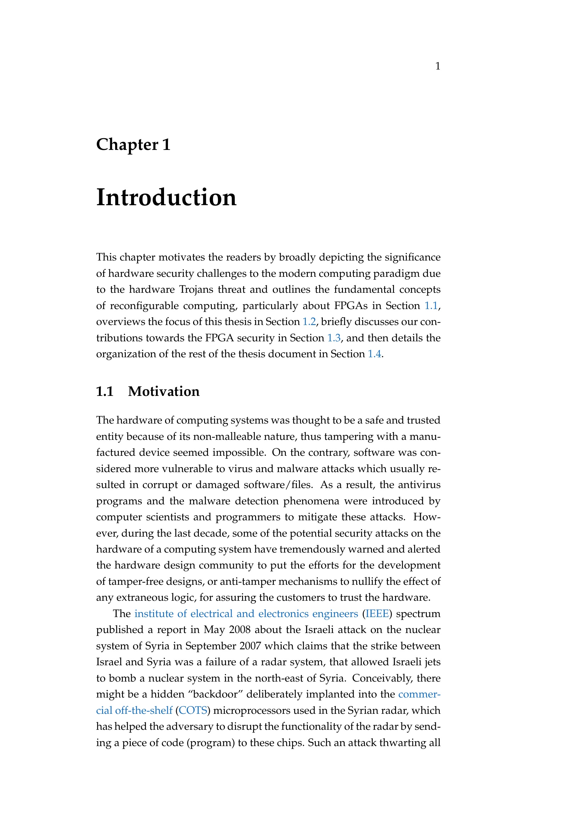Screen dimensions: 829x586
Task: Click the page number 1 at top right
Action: click(437, 66)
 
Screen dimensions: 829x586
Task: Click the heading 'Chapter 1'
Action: click(133, 145)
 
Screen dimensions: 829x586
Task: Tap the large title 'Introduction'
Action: click(167, 198)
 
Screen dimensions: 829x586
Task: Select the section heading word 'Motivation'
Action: click(163, 391)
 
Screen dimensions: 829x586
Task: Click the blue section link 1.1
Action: click(431, 306)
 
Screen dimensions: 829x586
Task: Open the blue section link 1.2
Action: click(309, 322)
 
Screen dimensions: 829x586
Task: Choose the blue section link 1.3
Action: click(334, 338)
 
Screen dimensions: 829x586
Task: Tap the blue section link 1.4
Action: click(374, 354)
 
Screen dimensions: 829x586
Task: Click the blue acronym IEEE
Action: click(377, 614)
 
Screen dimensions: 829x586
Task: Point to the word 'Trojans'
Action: click(197, 290)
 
